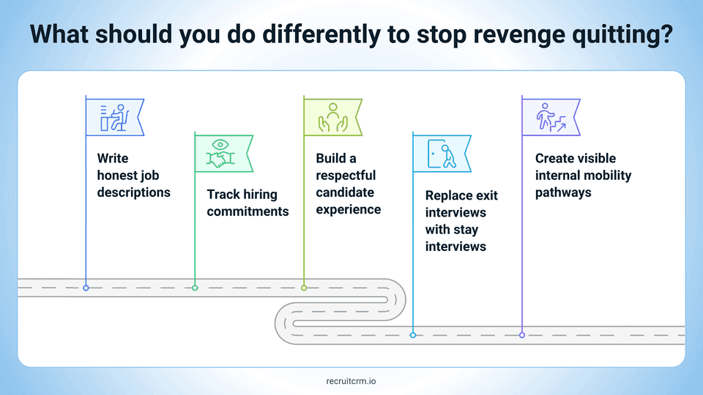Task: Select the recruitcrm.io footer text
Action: [351, 380]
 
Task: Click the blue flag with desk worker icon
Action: [114, 116]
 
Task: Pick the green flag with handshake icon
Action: [222, 153]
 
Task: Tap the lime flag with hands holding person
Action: [331, 116]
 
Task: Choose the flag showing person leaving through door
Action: [440, 153]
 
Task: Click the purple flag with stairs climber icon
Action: [549, 116]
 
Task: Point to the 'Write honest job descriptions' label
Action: [133, 175]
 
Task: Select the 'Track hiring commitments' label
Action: [248, 203]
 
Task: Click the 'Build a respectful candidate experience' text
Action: [348, 184]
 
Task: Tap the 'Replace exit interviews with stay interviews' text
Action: [457, 221]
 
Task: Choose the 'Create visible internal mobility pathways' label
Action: [583, 175]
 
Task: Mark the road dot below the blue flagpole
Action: [86, 288]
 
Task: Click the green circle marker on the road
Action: [195, 288]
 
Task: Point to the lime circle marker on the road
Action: [304, 288]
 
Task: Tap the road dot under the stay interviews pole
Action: [413, 335]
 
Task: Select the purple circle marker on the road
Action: [522, 335]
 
